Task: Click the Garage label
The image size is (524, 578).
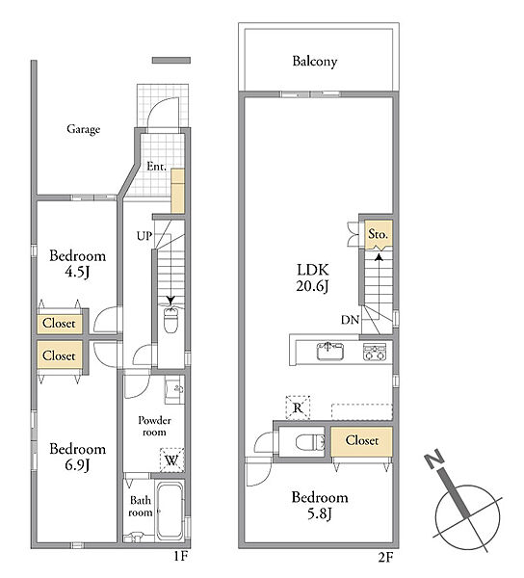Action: [83, 129]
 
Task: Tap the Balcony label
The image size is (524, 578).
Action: [315, 62]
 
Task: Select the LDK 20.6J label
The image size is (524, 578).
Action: [312, 277]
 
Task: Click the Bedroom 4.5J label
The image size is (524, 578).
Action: [77, 264]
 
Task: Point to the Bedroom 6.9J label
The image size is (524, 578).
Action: [77, 457]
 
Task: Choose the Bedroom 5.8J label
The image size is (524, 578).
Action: [320, 505]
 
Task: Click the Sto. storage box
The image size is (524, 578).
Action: [379, 235]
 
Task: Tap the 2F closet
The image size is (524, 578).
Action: [361, 441]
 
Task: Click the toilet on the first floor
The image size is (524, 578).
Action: [170, 321]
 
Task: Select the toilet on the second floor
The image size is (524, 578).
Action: [310, 441]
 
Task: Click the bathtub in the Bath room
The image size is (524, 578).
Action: [170, 511]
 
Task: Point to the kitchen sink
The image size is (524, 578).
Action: [330, 351]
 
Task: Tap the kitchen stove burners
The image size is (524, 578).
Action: [375, 352]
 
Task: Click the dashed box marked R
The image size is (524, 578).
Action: [298, 407]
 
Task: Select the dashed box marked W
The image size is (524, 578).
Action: [171, 460]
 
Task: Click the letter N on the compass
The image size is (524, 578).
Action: [434, 459]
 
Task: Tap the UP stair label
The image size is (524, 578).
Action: [144, 236]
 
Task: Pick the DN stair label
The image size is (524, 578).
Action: [350, 320]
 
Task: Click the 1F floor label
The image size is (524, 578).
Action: [181, 556]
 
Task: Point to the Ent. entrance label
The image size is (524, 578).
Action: [157, 167]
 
